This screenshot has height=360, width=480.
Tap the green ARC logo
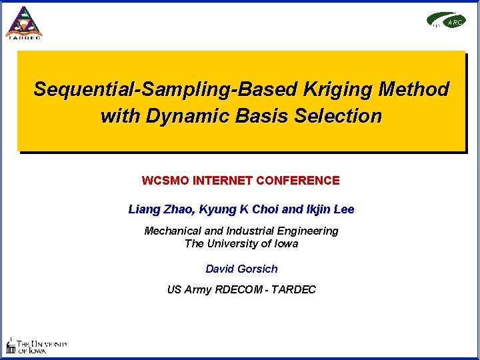[446, 21]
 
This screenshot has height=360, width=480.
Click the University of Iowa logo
[37, 346]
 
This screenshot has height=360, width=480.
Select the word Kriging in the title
[340, 89]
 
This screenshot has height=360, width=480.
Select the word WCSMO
[163, 181]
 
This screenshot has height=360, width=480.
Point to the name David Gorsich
[241, 269]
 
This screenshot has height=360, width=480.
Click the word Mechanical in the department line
[172, 231]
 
